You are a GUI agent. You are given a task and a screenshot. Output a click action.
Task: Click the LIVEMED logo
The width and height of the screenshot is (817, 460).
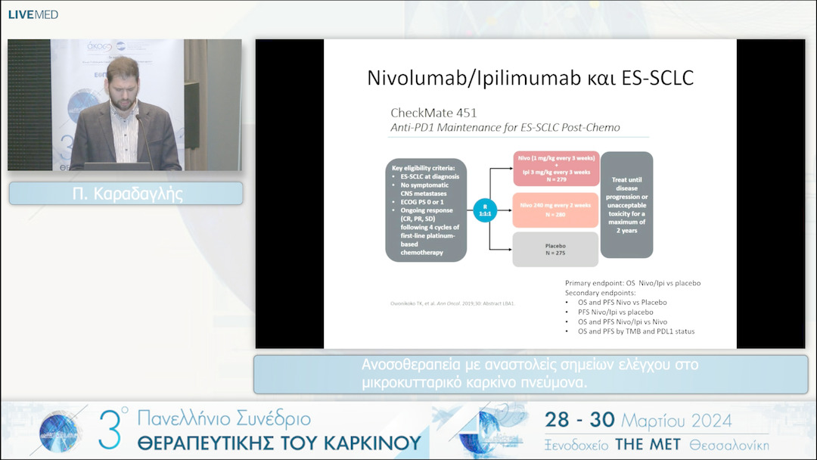33,14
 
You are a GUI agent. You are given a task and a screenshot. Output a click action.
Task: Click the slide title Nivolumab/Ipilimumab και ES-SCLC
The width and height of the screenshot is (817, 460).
530,78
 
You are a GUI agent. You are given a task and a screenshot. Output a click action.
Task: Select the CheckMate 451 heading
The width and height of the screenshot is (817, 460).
433,113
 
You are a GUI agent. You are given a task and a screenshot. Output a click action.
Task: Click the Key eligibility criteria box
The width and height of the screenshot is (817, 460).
425,210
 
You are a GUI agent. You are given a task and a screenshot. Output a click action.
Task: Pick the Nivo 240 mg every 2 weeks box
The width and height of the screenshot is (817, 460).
554,210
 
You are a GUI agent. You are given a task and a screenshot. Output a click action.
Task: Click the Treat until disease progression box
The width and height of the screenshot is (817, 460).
626,204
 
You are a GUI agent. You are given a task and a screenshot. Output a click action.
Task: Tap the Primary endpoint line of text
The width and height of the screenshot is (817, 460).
632,283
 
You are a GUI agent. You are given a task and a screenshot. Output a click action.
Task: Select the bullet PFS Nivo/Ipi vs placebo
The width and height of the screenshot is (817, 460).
615,312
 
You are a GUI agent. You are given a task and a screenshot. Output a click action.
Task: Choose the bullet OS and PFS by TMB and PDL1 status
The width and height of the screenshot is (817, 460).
635,331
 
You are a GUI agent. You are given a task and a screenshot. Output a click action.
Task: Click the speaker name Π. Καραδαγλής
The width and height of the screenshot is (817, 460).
126,194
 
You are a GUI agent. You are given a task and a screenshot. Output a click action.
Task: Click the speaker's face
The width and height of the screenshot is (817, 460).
122,85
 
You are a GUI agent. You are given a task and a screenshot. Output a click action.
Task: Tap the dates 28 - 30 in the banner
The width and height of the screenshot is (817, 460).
579,420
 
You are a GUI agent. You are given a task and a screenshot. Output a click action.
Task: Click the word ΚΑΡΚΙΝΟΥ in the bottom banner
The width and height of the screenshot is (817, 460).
366,442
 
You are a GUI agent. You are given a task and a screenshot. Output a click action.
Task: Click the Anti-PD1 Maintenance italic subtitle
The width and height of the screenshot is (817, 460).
505,128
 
